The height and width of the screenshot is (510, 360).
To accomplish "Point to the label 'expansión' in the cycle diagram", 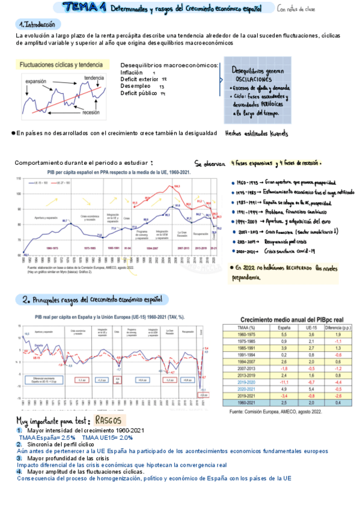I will click(x=37, y=81).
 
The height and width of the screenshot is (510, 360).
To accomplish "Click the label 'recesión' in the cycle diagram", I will click(x=91, y=112).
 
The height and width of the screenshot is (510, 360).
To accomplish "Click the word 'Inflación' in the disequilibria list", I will click(x=132, y=72).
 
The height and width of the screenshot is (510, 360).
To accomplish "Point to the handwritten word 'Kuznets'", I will click(x=278, y=133).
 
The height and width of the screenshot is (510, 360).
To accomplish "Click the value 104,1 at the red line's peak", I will click(x=177, y=186).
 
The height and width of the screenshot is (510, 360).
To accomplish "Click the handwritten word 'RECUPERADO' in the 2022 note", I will click(x=294, y=268).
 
